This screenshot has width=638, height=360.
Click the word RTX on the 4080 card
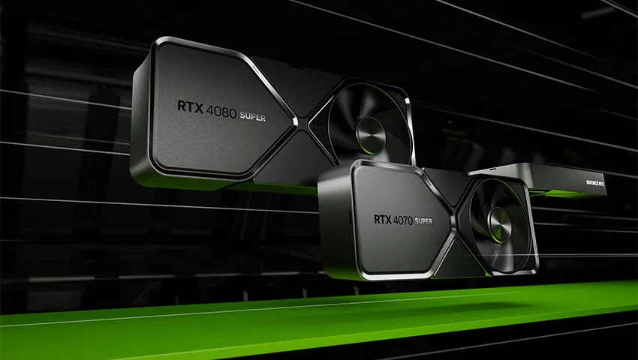188,107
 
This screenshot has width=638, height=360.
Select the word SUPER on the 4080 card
253,116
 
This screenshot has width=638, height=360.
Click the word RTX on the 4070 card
383,220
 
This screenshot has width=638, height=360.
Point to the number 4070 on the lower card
403,220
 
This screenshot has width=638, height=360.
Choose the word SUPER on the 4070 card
424,221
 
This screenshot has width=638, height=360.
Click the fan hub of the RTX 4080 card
370,136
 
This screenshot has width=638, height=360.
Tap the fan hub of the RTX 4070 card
499,224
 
